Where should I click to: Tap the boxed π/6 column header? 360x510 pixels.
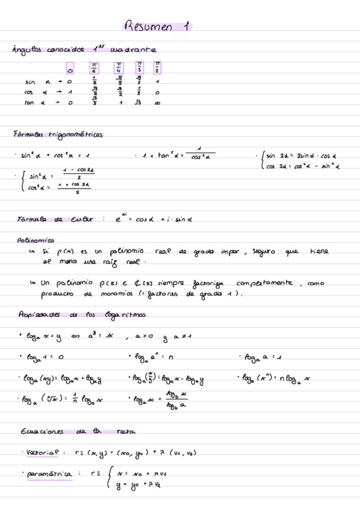point(94,67)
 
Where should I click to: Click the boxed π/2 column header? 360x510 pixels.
point(157,67)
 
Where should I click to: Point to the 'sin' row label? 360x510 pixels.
point(30,82)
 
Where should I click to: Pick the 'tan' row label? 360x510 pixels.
point(30,102)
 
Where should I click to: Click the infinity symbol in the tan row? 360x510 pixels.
point(157,102)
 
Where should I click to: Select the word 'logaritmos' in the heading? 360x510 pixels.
point(124,315)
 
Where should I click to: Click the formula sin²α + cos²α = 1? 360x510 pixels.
point(55,155)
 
